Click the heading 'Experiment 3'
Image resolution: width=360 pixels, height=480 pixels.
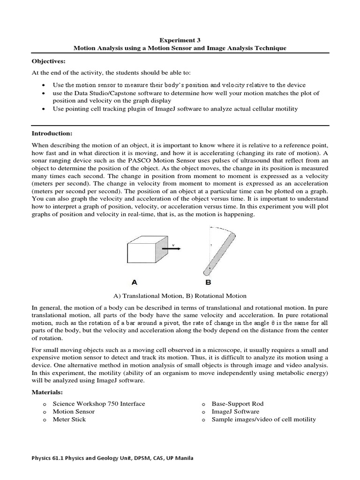coord(180,41)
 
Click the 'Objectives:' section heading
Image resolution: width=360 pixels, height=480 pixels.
coord(49,61)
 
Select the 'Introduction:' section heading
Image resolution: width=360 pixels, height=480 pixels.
coord(51,134)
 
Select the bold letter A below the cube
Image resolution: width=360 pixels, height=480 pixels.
coord(134,283)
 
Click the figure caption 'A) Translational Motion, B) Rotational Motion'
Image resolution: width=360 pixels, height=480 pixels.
coord(180,296)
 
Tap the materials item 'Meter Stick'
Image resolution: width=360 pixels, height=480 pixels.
coord(69,419)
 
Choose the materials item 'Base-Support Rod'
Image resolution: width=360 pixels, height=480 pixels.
coord(238,404)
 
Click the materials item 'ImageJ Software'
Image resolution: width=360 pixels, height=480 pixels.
coord(235,412)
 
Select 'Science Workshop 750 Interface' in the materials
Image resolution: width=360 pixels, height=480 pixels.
coord(99,404)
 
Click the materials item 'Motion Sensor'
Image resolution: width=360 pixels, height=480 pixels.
coord(74,412)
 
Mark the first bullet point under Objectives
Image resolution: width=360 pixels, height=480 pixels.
coord(43,85)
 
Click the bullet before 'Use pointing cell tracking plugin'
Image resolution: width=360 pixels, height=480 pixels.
coord(43,109)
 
